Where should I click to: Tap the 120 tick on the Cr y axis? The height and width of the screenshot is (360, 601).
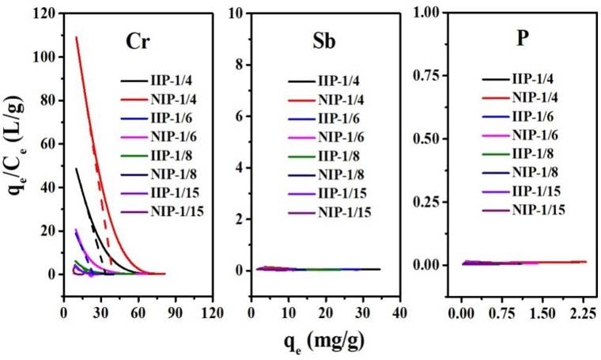click(x=44, y=14)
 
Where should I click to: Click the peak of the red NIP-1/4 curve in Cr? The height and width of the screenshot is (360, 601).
click(x=76, y=36)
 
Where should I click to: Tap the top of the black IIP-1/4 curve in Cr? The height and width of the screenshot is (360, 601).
click(x=76, y=168)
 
